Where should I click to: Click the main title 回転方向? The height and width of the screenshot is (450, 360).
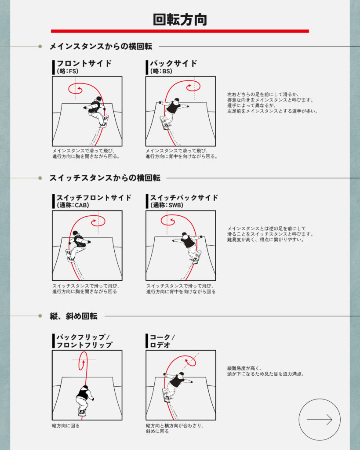[180, 19]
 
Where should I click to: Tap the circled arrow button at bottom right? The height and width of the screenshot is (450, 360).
[320, 419]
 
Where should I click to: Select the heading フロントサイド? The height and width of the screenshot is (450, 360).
[84, 63]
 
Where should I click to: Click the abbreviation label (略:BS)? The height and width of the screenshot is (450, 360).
[161, 71]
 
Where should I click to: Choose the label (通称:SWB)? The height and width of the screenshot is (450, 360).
[167, 205]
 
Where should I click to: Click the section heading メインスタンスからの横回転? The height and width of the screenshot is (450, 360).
[101, 46]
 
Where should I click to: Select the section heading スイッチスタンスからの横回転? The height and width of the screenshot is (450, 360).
[105, 178]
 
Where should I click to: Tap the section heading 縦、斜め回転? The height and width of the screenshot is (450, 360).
[73, 316]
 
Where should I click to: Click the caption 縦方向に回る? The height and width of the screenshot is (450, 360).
[66, 425]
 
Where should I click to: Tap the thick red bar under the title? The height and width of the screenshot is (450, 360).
[180, 31]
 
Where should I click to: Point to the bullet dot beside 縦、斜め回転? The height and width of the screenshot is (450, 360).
[40, 316]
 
